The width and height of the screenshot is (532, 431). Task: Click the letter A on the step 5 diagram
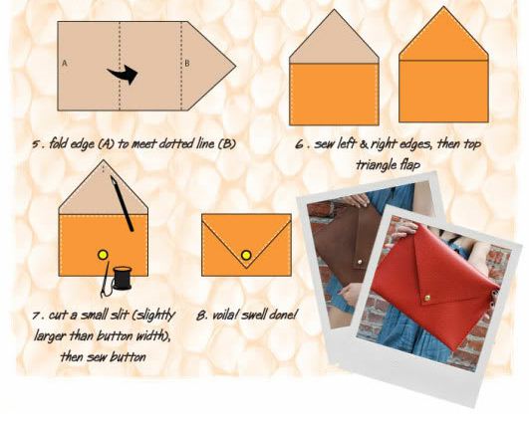pos(65,63)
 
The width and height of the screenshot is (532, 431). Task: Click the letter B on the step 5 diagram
pos(186,63)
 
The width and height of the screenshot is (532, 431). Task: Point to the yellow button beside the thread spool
pos(101,257)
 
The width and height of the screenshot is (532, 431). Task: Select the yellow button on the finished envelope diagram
pos(245,257)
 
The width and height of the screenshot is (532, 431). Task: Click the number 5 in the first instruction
pos(36,143)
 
